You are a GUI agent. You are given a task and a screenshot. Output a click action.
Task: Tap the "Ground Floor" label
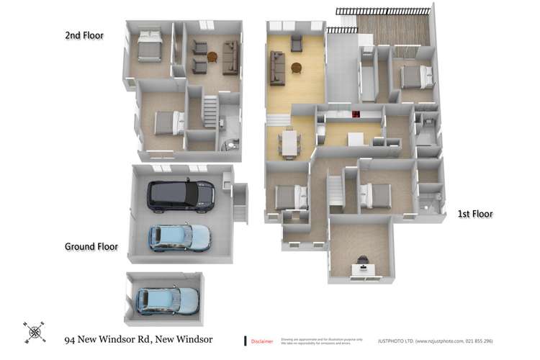pos(91,246)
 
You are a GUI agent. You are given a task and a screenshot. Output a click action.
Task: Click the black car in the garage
pos(180,195)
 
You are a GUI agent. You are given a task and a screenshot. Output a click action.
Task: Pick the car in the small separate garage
pos(167,300)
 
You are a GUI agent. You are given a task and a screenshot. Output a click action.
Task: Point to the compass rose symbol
pos(34,333)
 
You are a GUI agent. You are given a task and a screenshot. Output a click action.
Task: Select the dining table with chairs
pos(289,142)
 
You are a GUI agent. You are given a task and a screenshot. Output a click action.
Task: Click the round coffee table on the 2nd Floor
pos(212,57)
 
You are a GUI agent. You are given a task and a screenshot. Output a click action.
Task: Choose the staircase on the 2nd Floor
pos(209,112)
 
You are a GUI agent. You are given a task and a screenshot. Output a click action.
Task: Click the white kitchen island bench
pos(356,139)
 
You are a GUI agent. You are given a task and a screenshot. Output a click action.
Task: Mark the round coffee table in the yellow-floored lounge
pos(296,68)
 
